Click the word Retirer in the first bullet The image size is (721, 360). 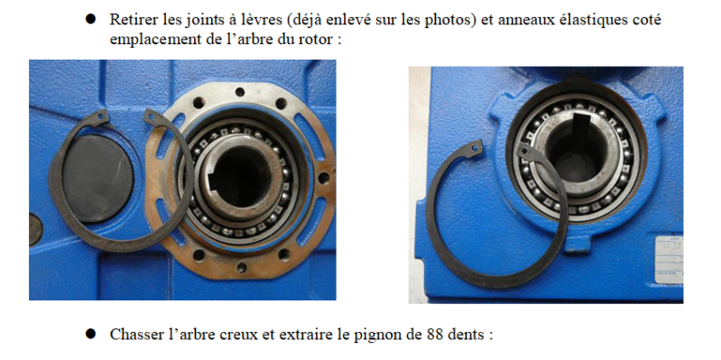tap(131, 20)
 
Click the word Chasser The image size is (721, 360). tap(133, 334)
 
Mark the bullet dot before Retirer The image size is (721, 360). tap(90, 19)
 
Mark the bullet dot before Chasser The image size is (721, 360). tap(90, 333)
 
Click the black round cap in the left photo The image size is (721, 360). tap(98, 179)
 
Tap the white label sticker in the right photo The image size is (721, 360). tap(669, 260)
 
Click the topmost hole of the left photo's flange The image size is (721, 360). tap(239, 92)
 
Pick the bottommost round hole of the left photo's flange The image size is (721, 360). tap(242, 267)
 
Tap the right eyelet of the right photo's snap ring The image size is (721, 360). tap(524, 151)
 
